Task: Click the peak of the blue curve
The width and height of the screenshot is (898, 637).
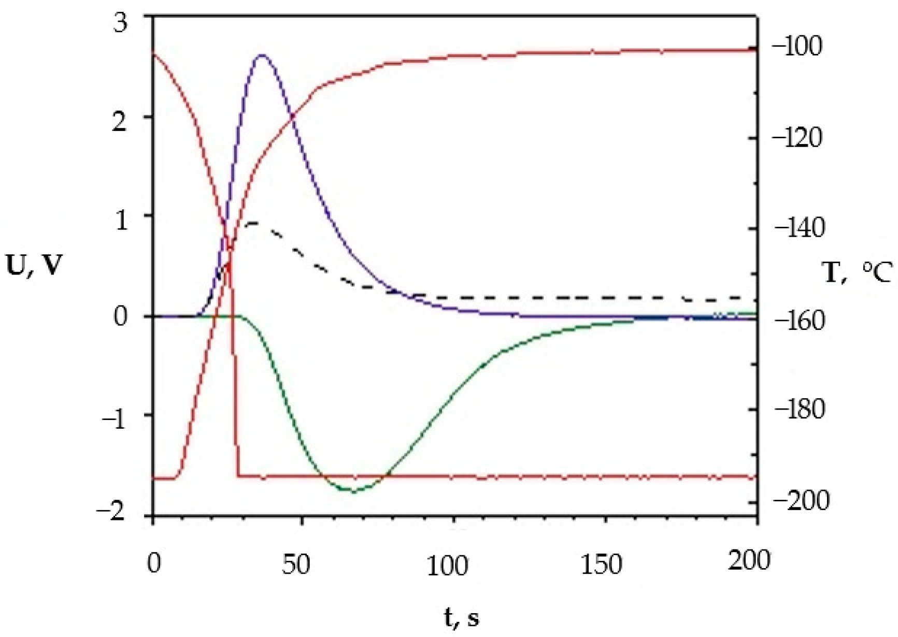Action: (x=262, y=55)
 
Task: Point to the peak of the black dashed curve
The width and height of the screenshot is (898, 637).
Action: (x=254, y=223)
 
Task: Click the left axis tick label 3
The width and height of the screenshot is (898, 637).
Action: (x=121, y=24)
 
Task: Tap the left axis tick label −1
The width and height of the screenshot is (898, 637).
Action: (x=114, y=417)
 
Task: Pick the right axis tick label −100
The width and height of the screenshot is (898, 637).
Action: (x=797, y=47)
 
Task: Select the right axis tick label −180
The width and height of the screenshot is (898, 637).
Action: (x=797, y=409)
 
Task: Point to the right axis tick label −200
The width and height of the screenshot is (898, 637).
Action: (x=797, y=500)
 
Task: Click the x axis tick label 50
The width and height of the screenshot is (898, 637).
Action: (x=296, y=564)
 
